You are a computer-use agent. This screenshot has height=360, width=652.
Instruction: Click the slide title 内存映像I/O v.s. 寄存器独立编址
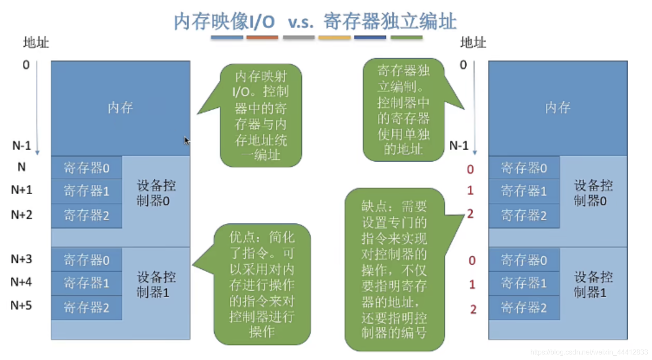click(x=315, y=21)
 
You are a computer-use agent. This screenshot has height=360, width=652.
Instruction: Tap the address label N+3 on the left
click(x=21, y=259)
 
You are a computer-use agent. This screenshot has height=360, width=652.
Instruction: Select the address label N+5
click(x=21, y=305)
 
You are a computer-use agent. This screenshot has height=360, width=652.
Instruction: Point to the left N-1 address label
click(x=21, y=146)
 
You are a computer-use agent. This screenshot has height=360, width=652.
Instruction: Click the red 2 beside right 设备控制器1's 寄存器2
click(x=473, y=309)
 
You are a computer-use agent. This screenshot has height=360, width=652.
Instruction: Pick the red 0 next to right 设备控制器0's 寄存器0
click(x=471, y=169)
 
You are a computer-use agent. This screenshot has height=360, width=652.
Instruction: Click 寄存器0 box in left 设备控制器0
click(x=87, y=168)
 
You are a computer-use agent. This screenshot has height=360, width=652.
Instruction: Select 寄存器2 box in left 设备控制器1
click(x=87, y=308)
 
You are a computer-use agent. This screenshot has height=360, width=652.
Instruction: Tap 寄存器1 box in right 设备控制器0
click(x=524, y=191)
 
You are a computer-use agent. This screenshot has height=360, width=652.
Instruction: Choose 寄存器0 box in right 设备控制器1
click(x=524, y=260)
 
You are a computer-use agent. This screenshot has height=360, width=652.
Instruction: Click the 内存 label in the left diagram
click(x=120, y=107)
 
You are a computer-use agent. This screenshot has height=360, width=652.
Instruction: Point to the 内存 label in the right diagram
click(x=558, y=107)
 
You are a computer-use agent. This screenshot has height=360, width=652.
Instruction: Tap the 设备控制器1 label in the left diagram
click(x=155, y=285)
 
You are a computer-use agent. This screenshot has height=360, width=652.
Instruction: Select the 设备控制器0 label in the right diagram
click(x=593, y=193)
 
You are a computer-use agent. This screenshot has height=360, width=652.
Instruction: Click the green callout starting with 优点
click(x=262, y=284)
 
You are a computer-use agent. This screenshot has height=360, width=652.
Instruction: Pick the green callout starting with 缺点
click(x=394, y=269)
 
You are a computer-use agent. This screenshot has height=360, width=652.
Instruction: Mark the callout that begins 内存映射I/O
click(x=261, y=116)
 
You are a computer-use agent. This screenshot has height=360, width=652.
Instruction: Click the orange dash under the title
click(x=262, y=38)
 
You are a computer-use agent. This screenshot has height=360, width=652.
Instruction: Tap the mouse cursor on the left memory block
click(x=187, y=140)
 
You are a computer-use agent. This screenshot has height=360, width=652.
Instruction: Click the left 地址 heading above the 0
click(x=36, y=42)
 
